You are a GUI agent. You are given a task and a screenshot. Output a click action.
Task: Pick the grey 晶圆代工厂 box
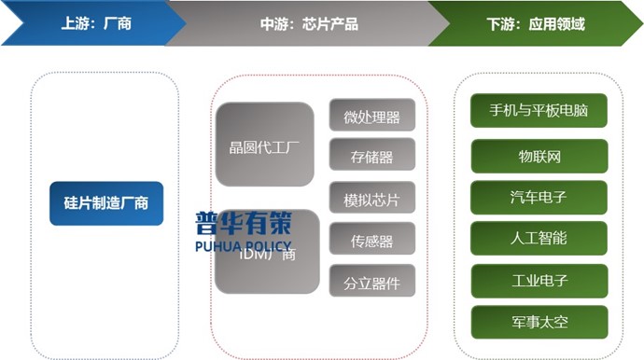pos(265,145)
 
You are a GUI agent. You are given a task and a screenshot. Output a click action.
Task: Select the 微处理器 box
pos(371,117)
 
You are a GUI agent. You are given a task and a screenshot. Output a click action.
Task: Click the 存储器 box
pos(371,157)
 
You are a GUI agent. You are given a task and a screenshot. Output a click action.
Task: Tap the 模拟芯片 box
pos(371,200)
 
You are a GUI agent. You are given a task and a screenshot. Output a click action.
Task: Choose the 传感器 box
pos(371,242)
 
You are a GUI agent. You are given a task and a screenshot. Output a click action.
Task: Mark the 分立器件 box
pos(371,283)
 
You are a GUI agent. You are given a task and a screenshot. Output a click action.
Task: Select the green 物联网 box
pos(539,157)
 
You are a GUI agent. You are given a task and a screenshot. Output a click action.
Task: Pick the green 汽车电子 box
pos(539,197)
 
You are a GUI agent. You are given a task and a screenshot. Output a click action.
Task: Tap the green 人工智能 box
pos(539,238)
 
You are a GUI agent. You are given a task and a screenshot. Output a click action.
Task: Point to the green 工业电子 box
pos(539,280)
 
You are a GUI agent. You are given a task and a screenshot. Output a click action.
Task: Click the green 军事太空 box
pos(539,322)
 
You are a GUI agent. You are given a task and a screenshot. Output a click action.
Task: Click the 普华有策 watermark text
pos(243,224)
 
